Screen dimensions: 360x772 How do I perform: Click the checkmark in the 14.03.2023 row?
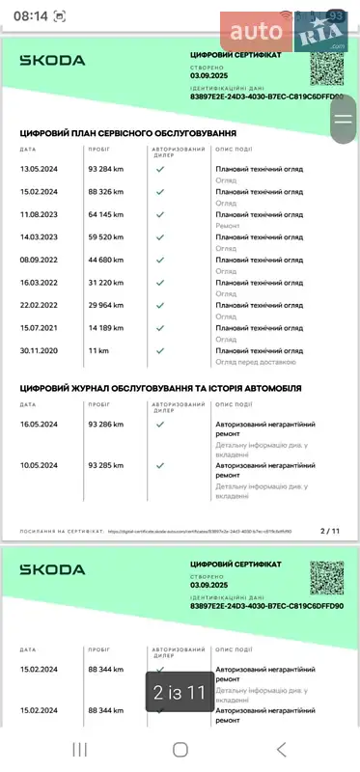pyautogui.click(x=160, y=236)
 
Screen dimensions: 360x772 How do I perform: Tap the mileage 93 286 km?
pyautogui.click(x=105, y=424)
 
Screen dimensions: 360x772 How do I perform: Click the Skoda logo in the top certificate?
pyautogui.click(x=53, y=60)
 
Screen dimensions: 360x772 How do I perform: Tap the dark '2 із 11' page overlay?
pyautogui.click(x=180, y=692)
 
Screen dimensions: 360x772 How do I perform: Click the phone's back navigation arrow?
pyautogui.click(x=281, y=749)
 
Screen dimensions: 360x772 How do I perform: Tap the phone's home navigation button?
pyautogui.click(x=180, y=749)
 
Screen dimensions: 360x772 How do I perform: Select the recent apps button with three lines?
pyautogui.click(x=80, y=749)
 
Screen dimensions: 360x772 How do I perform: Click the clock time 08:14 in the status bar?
pyautogui.click(x=30, y=15)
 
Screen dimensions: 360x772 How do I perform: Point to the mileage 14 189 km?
pyautogui.click(x=105, y=328)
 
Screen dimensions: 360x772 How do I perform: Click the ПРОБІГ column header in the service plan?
pyautogui.click(x=97, y=150)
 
